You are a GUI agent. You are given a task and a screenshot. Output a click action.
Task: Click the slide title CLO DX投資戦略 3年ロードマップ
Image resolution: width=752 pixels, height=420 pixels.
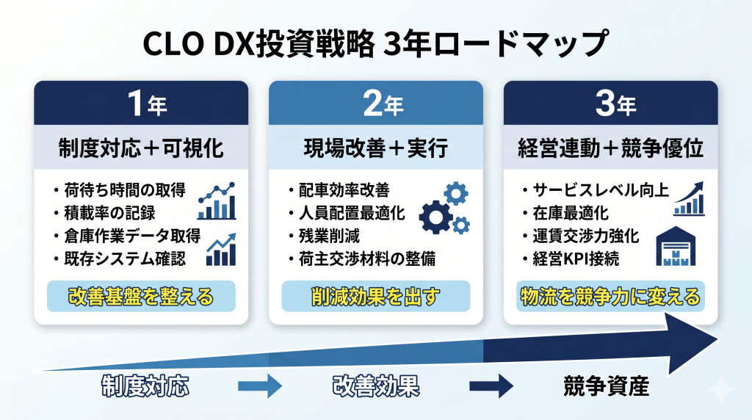point(375,43)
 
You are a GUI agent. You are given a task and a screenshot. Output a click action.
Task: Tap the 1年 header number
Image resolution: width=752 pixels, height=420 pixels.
point(141,104)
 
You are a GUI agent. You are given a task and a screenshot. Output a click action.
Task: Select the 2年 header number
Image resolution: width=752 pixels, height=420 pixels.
point(375,104)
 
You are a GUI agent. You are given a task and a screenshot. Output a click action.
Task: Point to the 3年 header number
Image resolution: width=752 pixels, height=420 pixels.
point(610,104)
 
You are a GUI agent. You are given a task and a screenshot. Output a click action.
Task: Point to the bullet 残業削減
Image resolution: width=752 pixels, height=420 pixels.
point(326,236)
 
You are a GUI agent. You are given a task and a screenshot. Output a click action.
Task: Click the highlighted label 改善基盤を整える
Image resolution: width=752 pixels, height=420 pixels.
point(141,297)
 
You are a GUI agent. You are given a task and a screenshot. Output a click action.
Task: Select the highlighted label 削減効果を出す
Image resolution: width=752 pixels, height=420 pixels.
point(375,297)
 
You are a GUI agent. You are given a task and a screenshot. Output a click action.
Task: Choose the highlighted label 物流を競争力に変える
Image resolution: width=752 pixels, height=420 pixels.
point(610,297)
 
